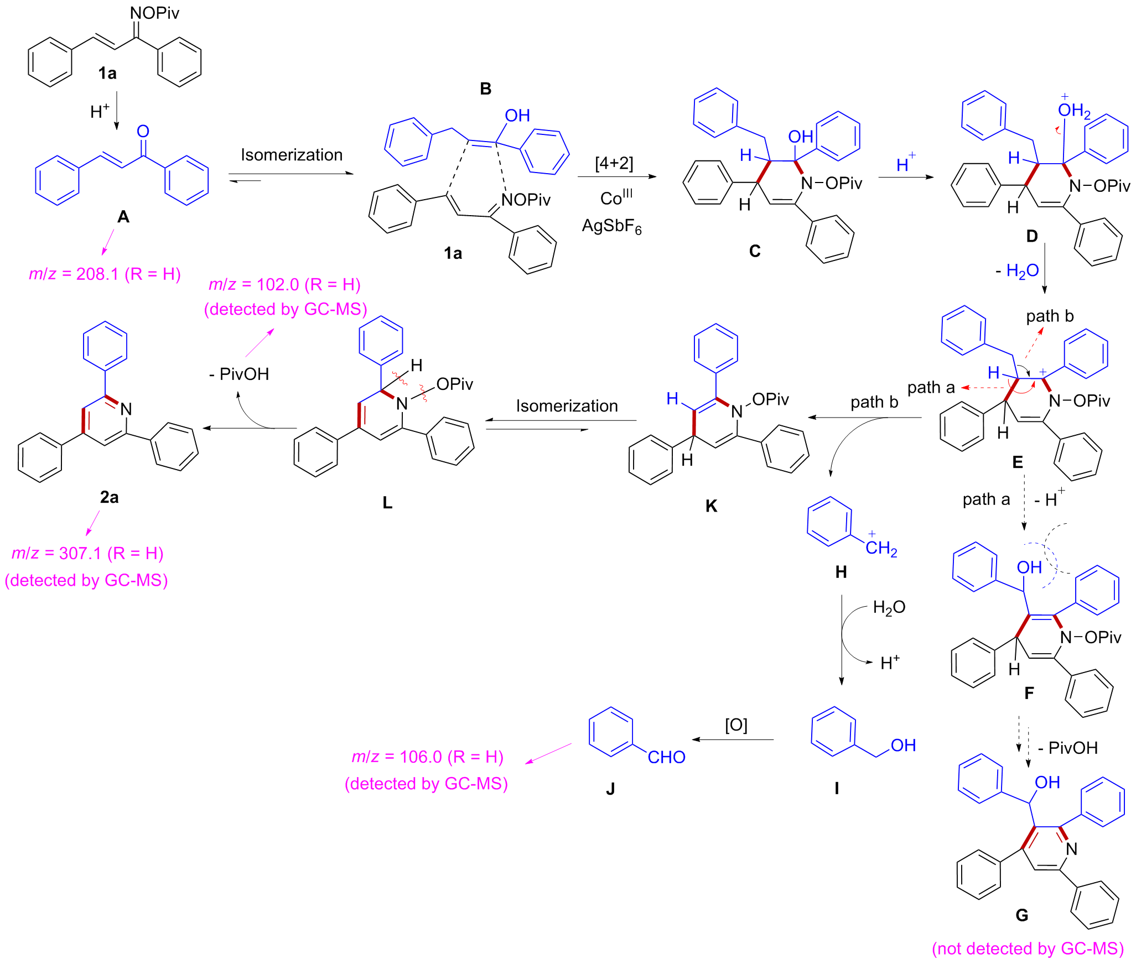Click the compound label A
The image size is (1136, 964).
tap(123, 217)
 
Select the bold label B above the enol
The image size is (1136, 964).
tap(485, 88)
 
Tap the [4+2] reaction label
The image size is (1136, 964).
tap(614, 163)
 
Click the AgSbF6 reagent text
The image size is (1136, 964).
tap(611, 226)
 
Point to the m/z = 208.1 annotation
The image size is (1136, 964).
tap(105, 274)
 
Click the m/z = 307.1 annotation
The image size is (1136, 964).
tap(87, 553)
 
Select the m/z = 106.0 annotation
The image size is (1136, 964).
tap(427, 757)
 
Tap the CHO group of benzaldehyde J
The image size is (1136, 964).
tap(666, 757)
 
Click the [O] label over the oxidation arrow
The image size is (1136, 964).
tap(736, 725)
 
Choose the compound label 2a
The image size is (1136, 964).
tap(109, 497)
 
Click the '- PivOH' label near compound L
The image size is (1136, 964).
tap(239, 374)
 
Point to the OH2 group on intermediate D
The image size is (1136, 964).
tap(1073, 111)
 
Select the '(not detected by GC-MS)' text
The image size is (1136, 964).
tap(1028, 949)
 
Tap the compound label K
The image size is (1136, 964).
tap(711, 506)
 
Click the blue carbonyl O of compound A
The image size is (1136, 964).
tap(143, 132)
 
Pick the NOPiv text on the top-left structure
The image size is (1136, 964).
tap(154, 13)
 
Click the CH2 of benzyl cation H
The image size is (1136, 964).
tap(881, 548)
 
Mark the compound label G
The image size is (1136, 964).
tap(1021, 915)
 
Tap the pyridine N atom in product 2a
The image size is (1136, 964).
tap(126, 409)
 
